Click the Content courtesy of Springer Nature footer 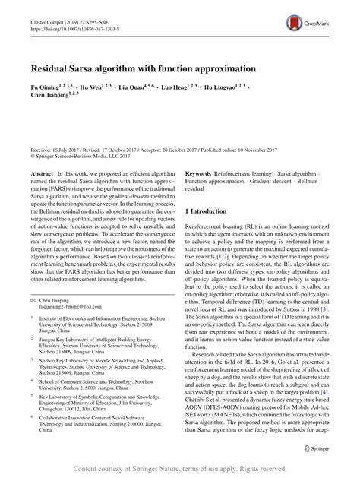tap(180, 468)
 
